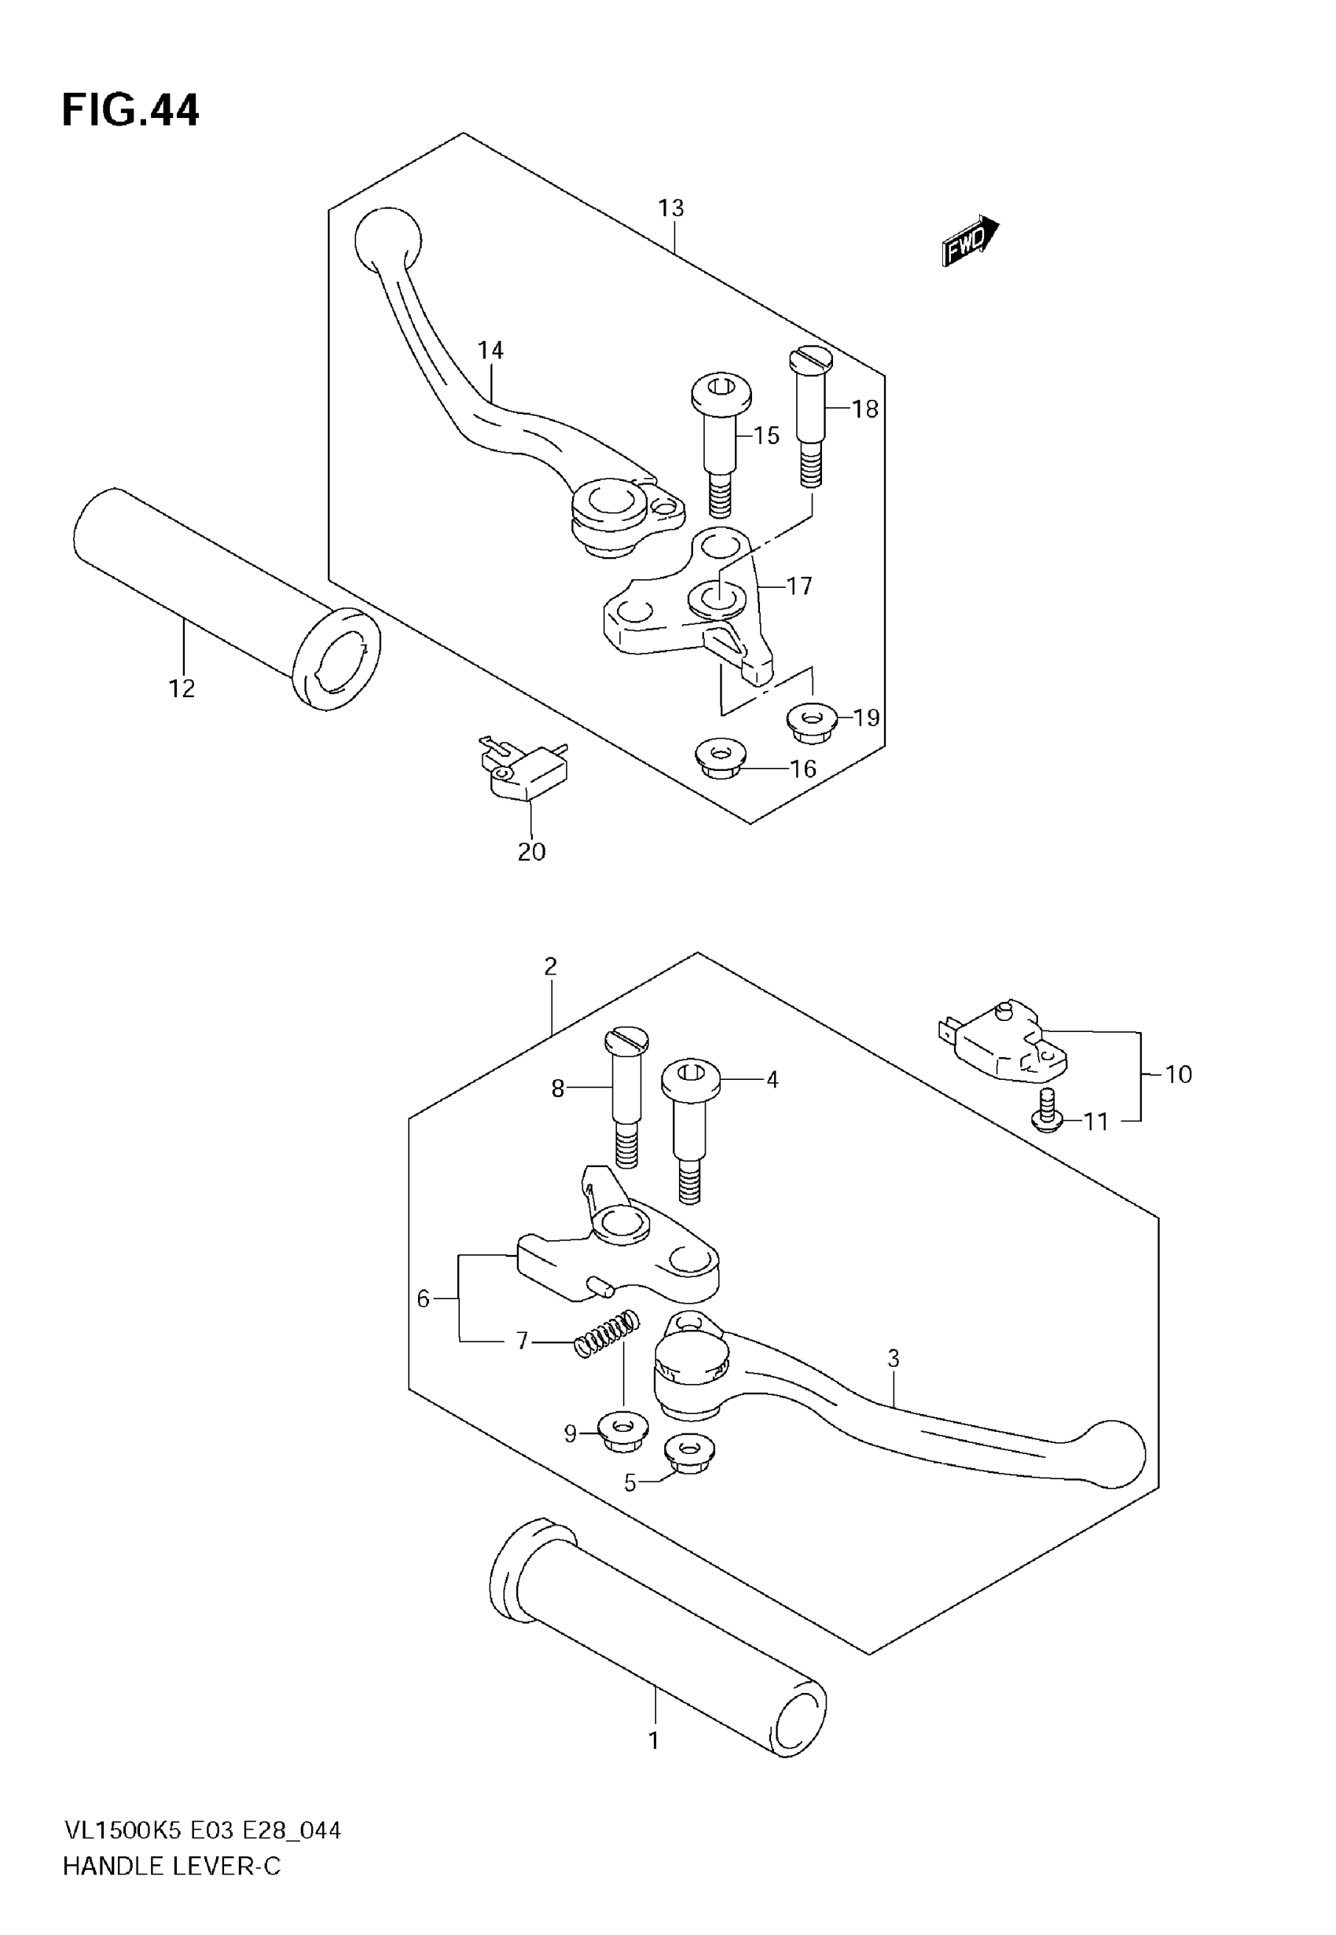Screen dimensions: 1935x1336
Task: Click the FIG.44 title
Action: tap(130, 111)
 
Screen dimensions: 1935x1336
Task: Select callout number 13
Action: tap(670, 207)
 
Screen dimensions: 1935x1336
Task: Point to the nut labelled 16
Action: tap(720, 758)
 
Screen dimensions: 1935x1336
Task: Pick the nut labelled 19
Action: tap(811, 721)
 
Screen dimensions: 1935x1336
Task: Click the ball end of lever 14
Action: tap(387, 237)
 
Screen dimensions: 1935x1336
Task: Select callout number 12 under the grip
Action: tap(182, 688)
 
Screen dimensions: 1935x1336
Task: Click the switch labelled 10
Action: tap(1004, 1043)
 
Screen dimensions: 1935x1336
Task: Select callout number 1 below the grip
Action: tap(654, 1741)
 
